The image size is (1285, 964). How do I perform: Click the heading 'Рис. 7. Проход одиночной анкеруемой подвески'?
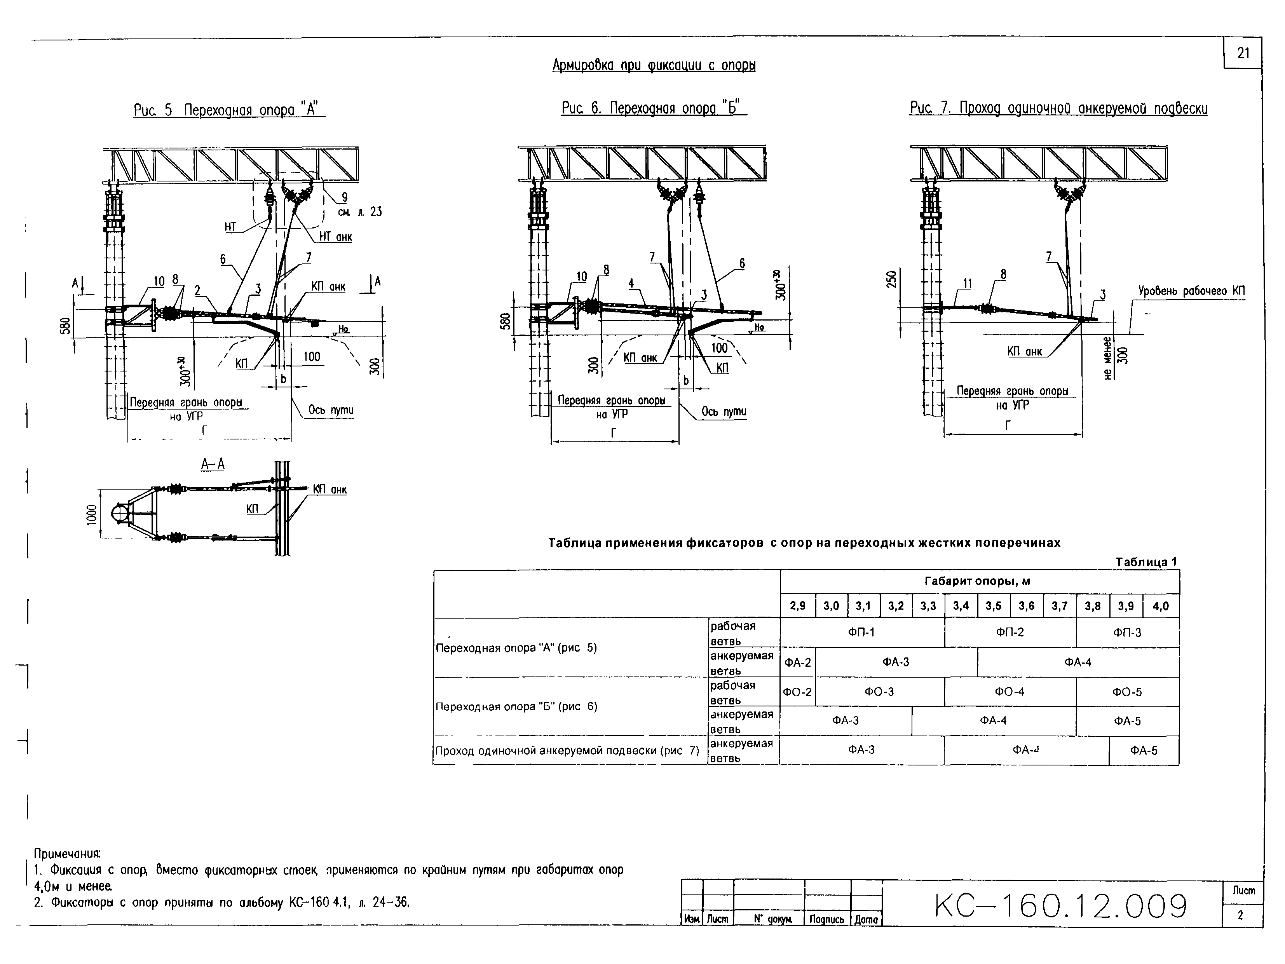1058,108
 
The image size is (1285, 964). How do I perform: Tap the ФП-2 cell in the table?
1010,632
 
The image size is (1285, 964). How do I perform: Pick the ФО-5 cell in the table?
1127,692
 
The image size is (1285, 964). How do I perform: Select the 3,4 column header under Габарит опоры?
961,606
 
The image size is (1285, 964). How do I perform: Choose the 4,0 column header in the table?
1160,606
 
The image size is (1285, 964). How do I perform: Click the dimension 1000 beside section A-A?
91,514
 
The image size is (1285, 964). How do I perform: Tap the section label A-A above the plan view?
213,464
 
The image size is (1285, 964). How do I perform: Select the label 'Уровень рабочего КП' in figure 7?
1191,290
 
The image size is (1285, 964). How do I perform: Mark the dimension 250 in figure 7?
892,279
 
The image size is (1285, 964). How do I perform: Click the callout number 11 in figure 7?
967,283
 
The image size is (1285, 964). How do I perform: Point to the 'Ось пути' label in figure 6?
723,412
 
